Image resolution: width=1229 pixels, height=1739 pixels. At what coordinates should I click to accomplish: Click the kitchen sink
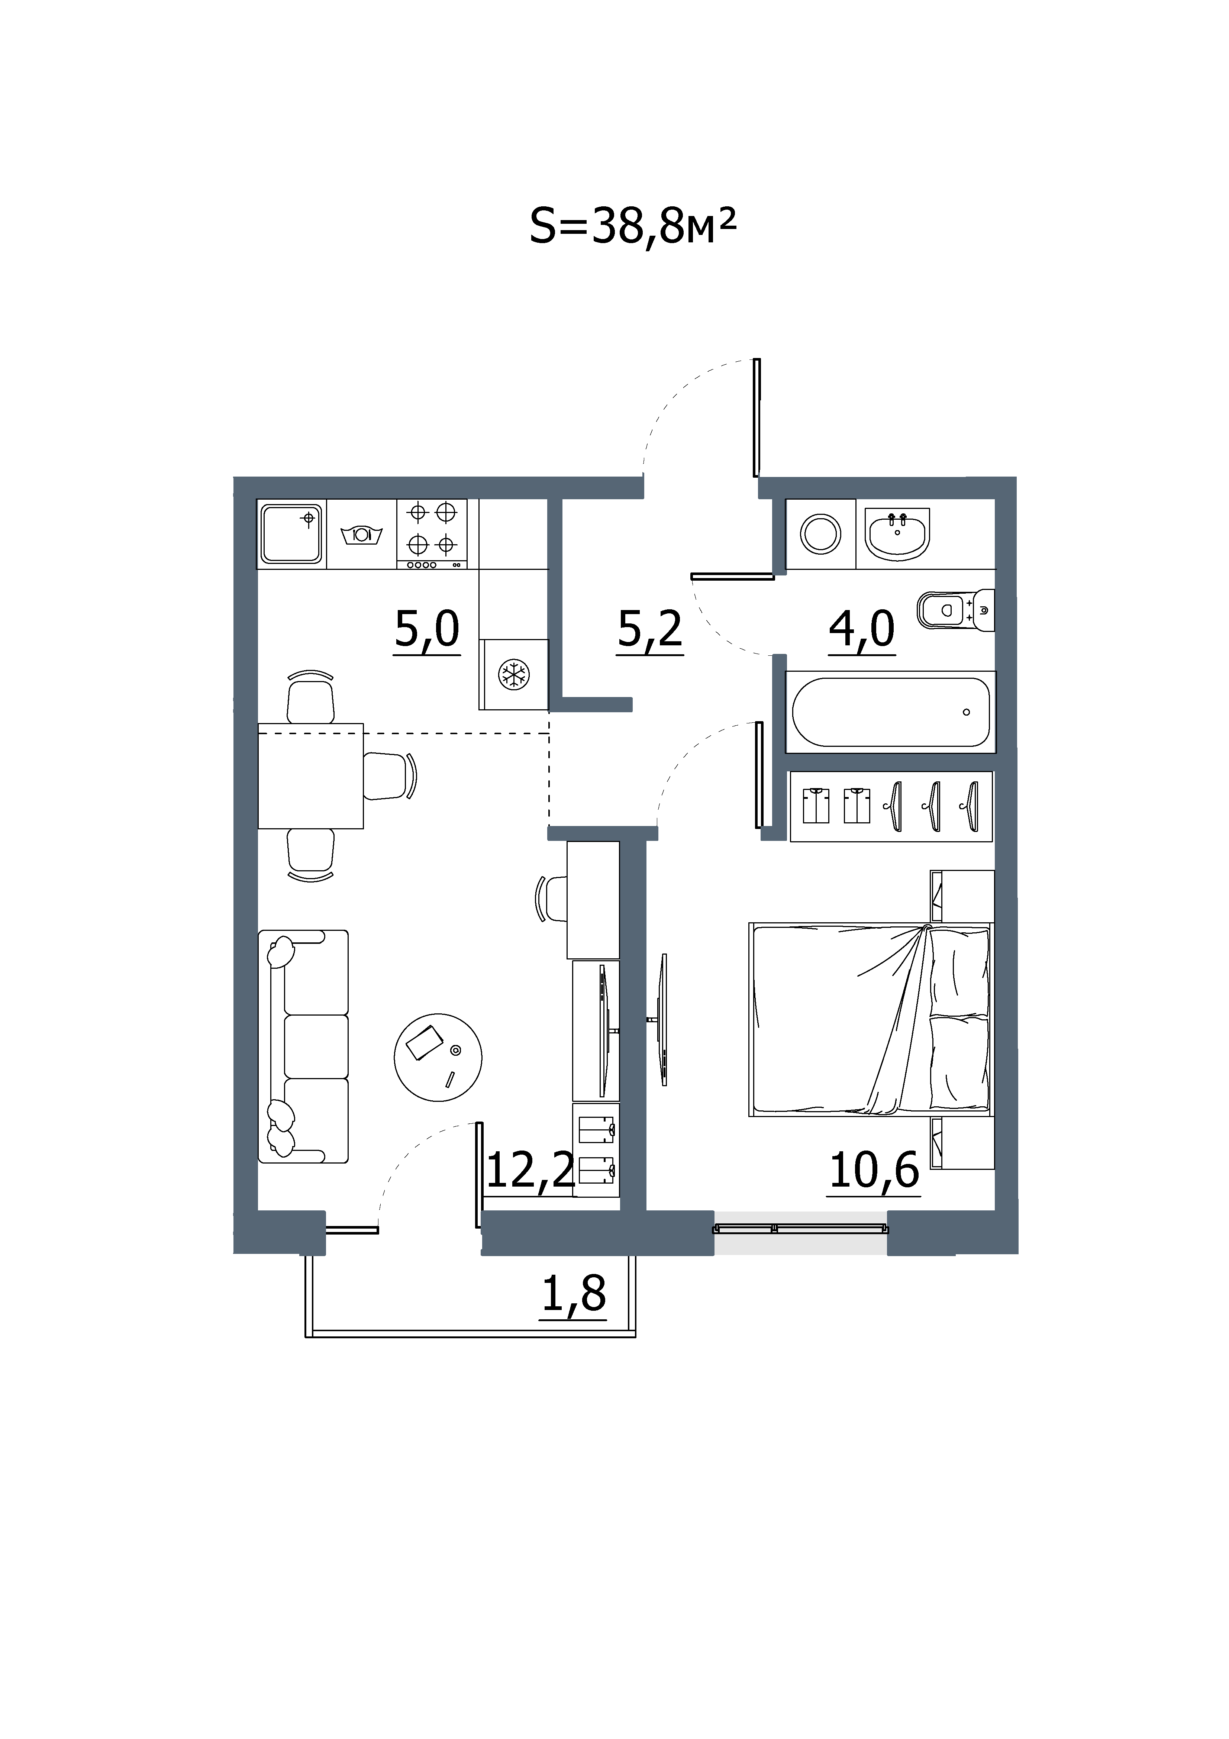tap(291, 534)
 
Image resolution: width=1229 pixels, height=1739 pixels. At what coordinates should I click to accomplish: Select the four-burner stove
tap(432, 534)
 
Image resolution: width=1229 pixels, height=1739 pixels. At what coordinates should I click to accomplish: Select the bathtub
tap(890, 712)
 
